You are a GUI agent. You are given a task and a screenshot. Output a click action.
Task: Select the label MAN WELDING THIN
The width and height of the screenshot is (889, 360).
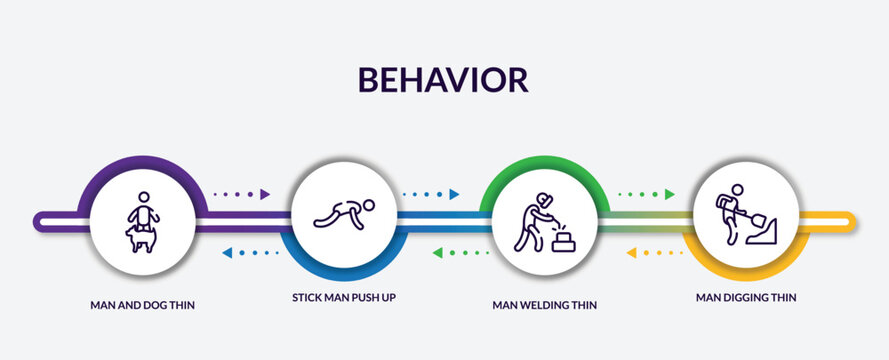(546, 304)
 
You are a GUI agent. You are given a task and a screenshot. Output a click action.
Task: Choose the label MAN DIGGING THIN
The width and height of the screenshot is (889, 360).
(747, 297)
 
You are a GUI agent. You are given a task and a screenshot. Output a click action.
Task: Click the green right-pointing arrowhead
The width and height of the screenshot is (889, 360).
(669, 194)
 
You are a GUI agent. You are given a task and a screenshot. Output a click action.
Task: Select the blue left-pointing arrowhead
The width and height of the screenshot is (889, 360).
(228, 253)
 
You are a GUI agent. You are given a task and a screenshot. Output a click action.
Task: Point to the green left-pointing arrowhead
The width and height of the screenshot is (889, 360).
(438, 253)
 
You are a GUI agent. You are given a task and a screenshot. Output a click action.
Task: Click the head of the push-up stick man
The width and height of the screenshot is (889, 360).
(370, 206)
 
